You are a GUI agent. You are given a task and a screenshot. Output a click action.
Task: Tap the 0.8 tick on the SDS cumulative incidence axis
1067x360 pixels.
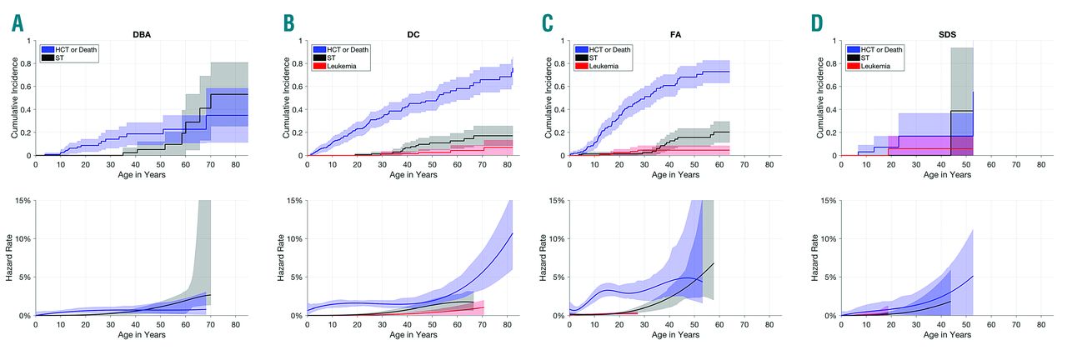(x=836, y=63)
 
